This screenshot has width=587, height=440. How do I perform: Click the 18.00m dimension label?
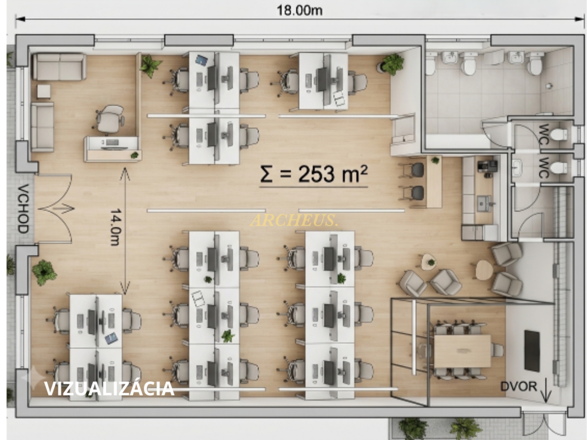[299, 11]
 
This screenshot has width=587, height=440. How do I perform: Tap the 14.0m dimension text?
[116, 227]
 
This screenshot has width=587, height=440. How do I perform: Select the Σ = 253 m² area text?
[314, 174]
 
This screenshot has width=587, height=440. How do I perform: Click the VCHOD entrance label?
[23, 208]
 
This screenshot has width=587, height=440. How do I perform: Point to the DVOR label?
[519, 386]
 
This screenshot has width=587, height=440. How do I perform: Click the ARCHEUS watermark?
[294, 221]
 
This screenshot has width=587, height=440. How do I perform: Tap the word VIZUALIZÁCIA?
[109, 389]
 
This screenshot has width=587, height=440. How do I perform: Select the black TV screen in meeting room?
[532, 350]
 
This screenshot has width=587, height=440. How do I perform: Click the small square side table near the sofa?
[44, 92]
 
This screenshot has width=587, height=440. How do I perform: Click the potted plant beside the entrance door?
[44, 272]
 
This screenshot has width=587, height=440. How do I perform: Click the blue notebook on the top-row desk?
[202, 60]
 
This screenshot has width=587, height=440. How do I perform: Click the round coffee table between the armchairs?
[484, 270]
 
